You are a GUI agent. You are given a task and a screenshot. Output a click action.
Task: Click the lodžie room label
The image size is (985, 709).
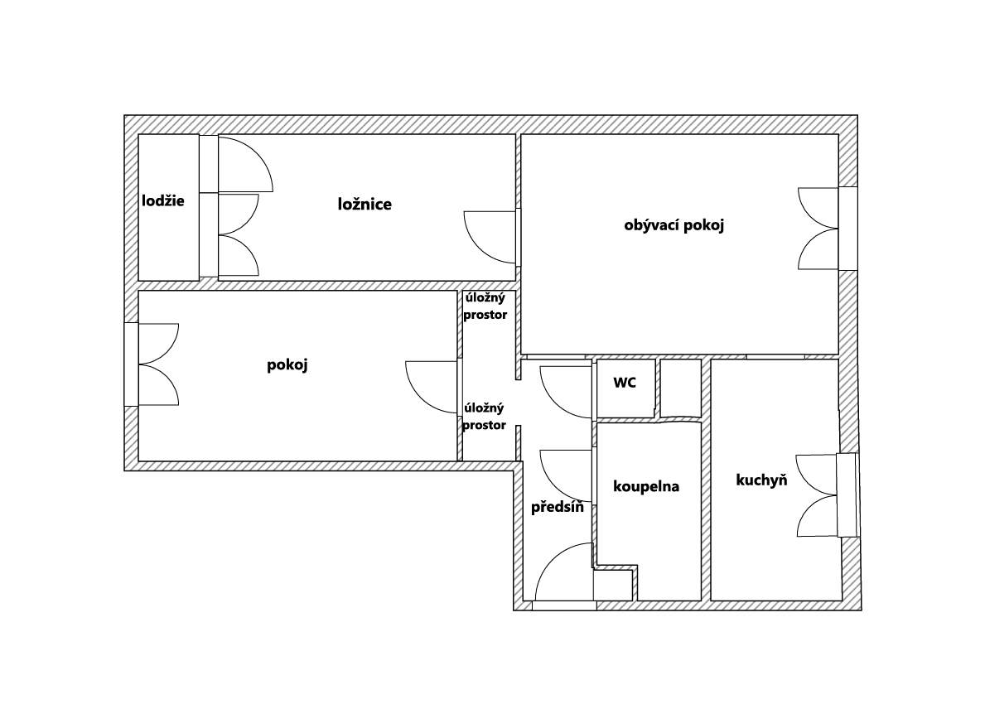click(163, 201)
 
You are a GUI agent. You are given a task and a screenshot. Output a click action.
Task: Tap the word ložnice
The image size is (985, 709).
click(365, 204)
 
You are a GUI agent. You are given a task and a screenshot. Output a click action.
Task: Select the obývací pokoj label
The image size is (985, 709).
click(674, 225)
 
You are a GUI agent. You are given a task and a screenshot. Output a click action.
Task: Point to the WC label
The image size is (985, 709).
click(625, 383)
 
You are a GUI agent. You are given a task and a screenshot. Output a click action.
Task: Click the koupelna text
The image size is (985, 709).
click(646, 487)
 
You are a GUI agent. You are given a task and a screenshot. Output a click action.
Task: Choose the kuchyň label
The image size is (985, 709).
click(761, 480)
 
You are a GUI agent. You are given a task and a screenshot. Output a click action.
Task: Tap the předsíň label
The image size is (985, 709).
click(558, 508)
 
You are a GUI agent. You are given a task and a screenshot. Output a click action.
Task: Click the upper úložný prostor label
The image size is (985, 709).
click(485, 306)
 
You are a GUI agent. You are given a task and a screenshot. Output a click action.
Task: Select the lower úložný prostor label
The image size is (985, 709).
click(485, 417)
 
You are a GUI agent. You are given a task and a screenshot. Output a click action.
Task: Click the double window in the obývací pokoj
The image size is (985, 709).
click(818, 229)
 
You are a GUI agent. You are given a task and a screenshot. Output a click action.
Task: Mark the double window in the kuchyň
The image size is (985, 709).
click(817, 495)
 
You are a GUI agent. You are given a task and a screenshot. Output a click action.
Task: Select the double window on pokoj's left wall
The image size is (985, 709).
click(158, 364)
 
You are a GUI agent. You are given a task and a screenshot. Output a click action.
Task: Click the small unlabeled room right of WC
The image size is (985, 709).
click(681, 388)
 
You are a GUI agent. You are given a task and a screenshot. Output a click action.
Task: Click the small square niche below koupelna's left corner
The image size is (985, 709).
click(613, 586)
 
